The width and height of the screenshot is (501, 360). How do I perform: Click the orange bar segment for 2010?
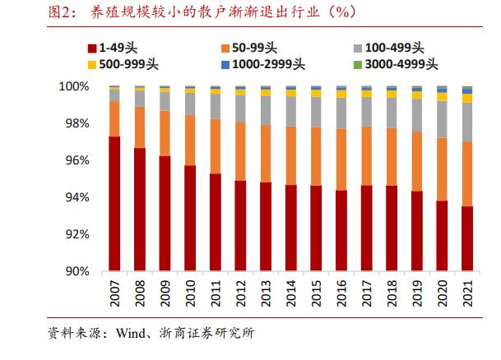click(190, 141)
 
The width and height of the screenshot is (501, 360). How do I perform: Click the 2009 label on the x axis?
click(165, 292)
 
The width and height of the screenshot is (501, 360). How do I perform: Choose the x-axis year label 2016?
click(341, 292)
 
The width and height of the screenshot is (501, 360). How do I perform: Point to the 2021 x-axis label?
click(467, 292)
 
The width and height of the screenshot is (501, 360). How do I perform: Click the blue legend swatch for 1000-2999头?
click(223, 64)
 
